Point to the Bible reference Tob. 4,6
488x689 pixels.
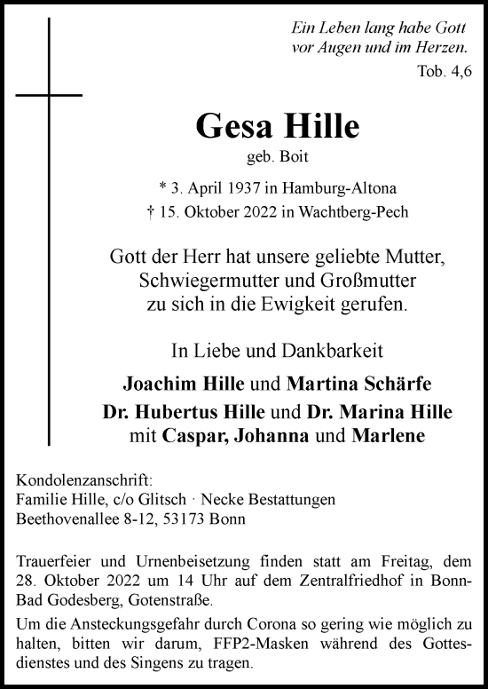pos(443,68)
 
